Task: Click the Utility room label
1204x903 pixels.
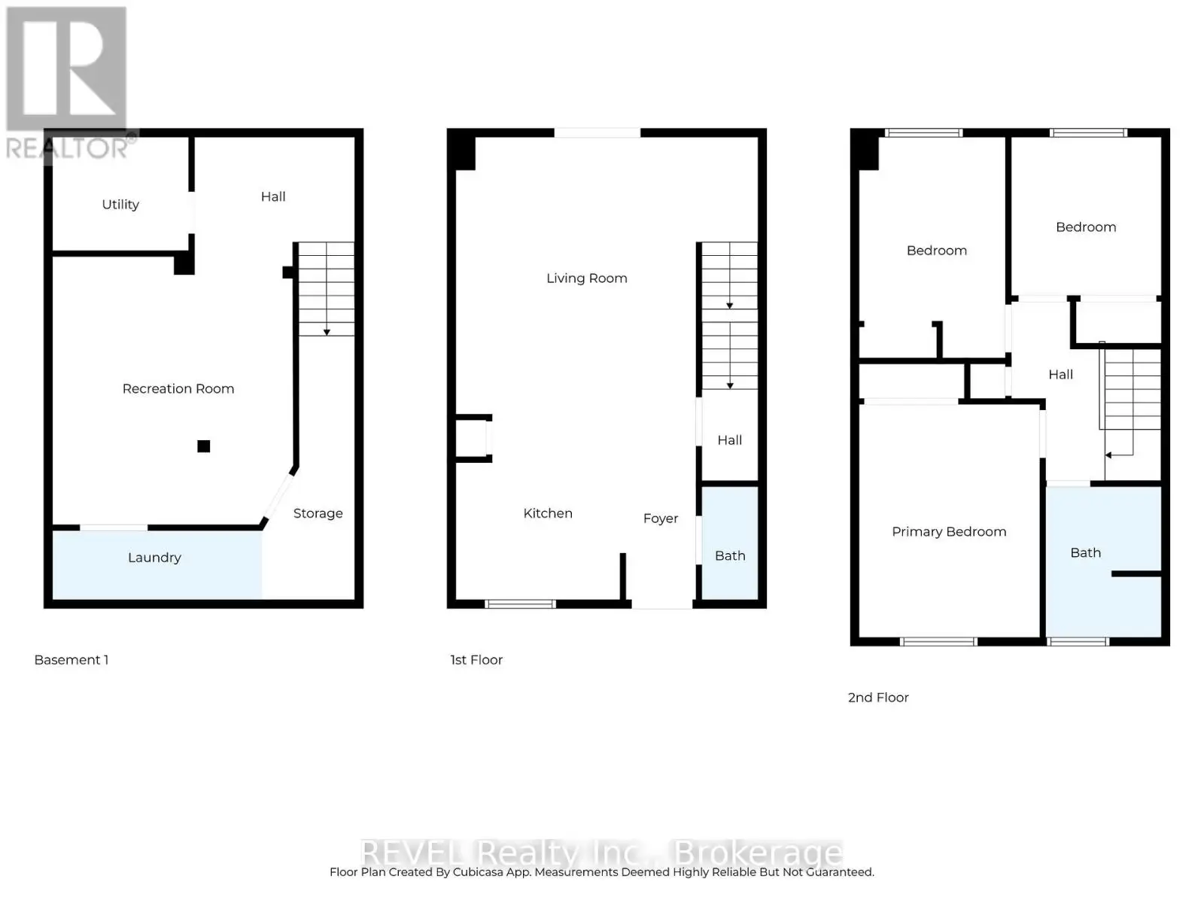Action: [x=120, y=205]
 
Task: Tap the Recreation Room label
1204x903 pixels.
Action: [x=178, y=389]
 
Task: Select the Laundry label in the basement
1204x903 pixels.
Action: [x=154, y=558]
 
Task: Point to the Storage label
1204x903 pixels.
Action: [x=318, y=514]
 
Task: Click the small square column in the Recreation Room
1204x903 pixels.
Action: [x=203, y=446]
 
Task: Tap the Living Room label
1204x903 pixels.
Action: [x=586, y=278]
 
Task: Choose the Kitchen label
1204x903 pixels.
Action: [x=547, y=513]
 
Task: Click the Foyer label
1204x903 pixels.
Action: [x=661, y=518]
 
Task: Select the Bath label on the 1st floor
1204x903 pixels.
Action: [x=730, y=556]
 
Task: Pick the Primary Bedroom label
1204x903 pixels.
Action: [x=949, y=532]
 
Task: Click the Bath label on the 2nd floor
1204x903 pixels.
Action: [x=1086, y=552]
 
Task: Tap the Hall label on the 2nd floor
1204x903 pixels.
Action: [x=1060, y=375]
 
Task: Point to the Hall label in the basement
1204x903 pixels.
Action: [x=273, y=197]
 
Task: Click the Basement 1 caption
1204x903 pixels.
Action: [x=71, y=660]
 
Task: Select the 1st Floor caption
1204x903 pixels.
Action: [x=476, y=660]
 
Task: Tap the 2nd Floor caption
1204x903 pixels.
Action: [x=878, y=698]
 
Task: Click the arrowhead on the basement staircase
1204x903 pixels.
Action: [x=327, y=333]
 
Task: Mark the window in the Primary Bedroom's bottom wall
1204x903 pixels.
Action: [x=938, y=641]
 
